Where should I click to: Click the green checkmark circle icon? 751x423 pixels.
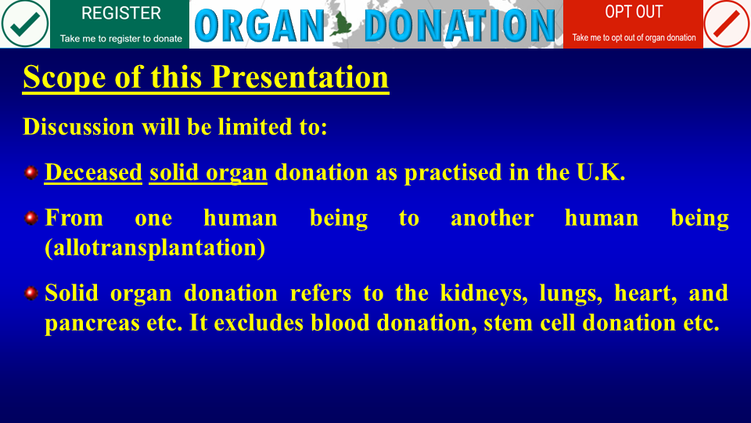(25, 23)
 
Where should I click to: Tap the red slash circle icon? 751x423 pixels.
(727, 23)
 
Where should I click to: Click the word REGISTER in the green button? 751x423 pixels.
(121, 13)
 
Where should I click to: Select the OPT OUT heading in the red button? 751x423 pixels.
(634, 12)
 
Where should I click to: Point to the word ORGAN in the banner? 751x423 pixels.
(260, 26)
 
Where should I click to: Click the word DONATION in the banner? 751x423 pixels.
(460, 26)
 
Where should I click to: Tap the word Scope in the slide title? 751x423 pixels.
(65, 78)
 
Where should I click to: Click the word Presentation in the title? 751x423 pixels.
(300, 77)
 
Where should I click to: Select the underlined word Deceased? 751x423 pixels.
(93, 172)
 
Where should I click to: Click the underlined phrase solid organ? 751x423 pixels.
(208, 173)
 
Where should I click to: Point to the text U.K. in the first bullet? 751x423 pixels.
(601, 172)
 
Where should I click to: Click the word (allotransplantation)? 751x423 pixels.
(155, 248)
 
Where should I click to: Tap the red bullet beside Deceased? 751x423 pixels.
(31, 172)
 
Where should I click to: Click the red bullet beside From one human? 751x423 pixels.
(31, 219)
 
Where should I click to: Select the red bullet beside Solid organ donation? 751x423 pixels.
(31, 292)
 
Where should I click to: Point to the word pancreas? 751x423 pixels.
(92, 324)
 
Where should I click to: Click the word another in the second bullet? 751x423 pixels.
(492, 219)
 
